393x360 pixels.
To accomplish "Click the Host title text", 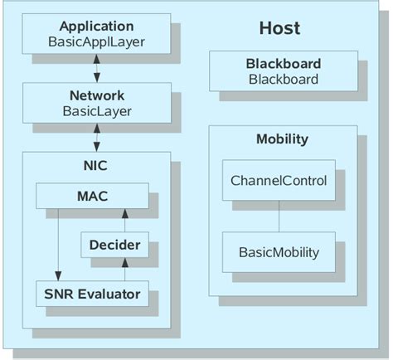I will (x=279, y=29).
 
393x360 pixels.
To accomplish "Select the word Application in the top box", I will (x=96, y=26).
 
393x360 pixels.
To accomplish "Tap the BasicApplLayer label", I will (x=96, y=41).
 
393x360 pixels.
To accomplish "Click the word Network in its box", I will (x=96, y=95).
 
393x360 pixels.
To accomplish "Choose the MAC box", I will (x=92, y=197).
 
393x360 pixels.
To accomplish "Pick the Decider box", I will (x=114, y=245).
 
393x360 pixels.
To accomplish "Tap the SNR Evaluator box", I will (x=92, y=293).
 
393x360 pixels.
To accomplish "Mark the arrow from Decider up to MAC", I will (x=124, y=220).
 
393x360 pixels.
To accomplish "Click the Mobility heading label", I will (x=283, y=139).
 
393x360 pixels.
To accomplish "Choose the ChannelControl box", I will (x=279, y=181).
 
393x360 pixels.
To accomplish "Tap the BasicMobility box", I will (x=279, y=251).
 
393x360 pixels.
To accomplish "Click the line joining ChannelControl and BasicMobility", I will (x=279, y=216).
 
